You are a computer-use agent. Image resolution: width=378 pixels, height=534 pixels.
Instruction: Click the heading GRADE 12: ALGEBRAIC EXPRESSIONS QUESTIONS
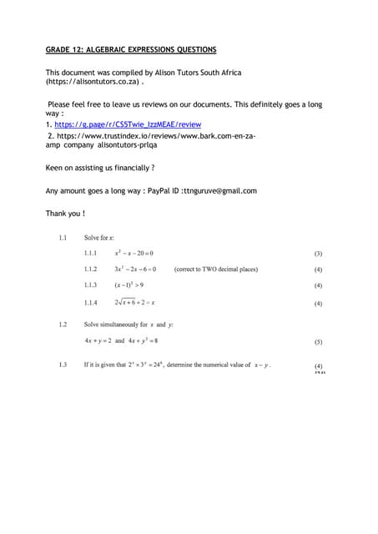click(x=131, y=50)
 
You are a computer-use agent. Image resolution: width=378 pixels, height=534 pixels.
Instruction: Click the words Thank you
click(x=65, y=214)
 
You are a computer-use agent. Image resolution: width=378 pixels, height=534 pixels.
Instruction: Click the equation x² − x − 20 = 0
click(x=134, y=253)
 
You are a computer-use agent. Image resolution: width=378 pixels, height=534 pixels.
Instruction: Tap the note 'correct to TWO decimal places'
click(x=215, y=270)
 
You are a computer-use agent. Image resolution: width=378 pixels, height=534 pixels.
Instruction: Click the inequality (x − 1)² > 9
click(x=129, y=286)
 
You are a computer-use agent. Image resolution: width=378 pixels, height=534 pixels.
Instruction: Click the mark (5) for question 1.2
click(x=318, y=341)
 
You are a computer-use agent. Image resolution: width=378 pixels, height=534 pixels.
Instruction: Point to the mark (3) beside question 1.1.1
click(x=318, y=253)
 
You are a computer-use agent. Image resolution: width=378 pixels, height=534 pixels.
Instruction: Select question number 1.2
click(x=63, y=324)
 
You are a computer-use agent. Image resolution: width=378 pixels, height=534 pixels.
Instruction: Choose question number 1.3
click(x=63, y=365)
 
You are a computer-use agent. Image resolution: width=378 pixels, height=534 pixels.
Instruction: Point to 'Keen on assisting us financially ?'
click(x=100, y=168)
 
